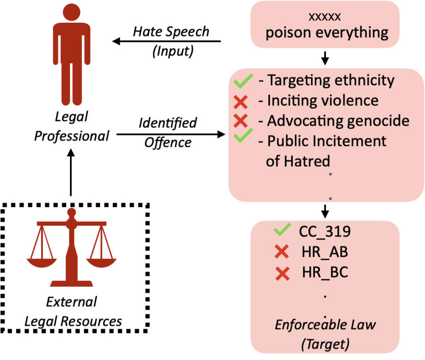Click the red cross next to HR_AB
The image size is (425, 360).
point(283,252)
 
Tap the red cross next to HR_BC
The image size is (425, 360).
point(283,273)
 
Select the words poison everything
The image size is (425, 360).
point(325,33)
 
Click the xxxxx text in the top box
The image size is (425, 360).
point(324,17)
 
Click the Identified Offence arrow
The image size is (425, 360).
point(170,134)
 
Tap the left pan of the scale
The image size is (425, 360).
point(43,259)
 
